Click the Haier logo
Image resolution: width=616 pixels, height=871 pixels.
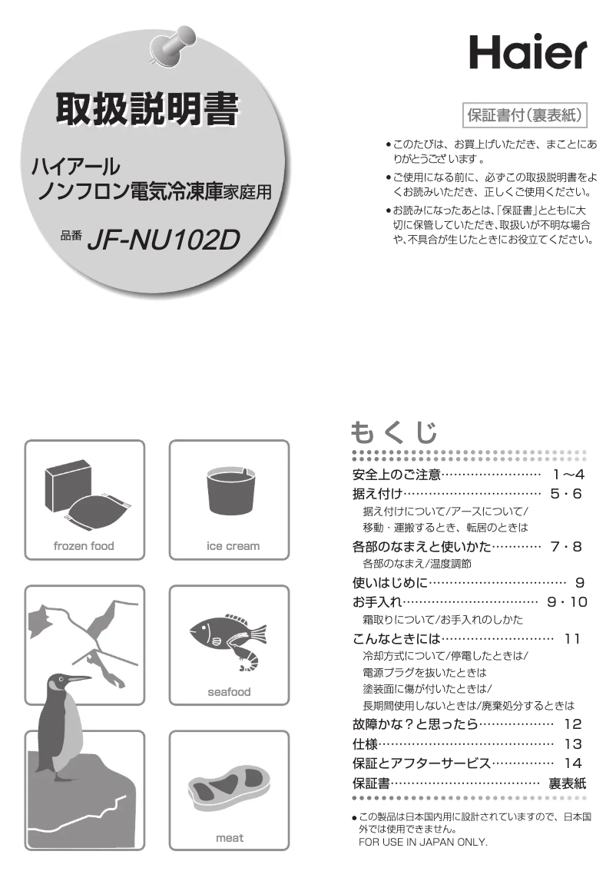pyautogui.click(x=528, y=52)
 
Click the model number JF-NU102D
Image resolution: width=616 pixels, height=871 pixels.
pyautogui.click(x=164, y=240)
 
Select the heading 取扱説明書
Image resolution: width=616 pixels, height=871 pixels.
pyautogui.click(x=147, y=109)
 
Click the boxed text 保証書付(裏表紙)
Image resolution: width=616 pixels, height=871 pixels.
pyautogui.click(x=525, y=115)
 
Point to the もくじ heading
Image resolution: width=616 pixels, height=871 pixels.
pyautogui.click(x=394, y=432)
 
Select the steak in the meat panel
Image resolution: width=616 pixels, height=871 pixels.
pyautogui.click(x=229, y=784)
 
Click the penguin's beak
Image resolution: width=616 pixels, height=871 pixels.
pyautogui.click(x=78, y=679)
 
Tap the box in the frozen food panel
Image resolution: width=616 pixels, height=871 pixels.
pyautogui.click(x=68, y=485)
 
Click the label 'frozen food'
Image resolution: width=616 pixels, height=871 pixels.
pyautogui.click(x=83, y=546)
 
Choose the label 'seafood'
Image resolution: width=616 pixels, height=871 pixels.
pyautogui.click(x=229, y=692)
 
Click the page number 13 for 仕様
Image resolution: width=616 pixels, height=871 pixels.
pyautogui.click(x=573, y=743)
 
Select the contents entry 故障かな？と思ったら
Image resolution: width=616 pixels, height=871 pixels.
pyautogui.click(x=415, y=724)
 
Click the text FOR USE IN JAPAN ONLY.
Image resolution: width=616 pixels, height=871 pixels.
pyautogui.click(x=423, y=842)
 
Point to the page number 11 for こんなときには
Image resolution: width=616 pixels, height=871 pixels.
pyautogui.click(x=572, y=639)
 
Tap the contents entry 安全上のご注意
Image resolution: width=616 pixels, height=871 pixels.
pyautogui.click(x=396, y=475)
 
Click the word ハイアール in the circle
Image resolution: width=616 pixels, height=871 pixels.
pyautogui.click(x=75, y=166)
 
